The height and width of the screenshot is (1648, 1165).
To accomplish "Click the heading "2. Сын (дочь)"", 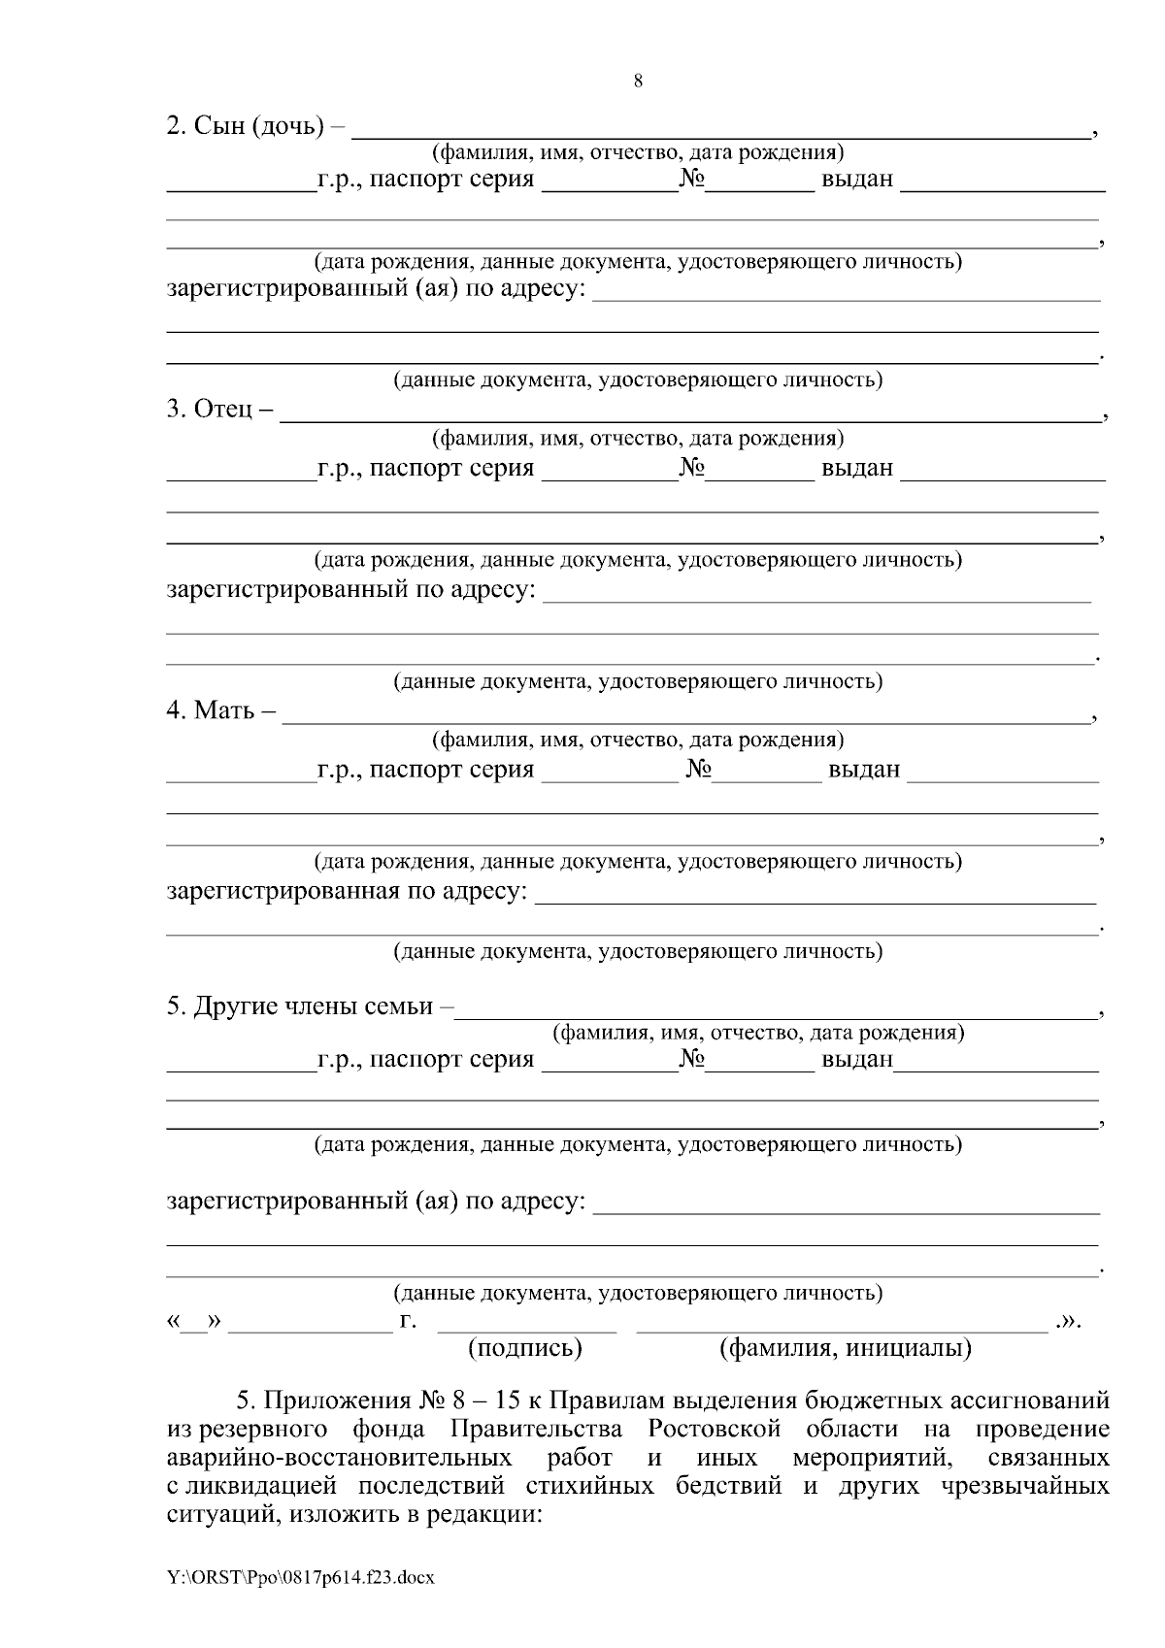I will coord(246,126).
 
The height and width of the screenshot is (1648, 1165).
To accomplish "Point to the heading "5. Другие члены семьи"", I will coord(300,1006).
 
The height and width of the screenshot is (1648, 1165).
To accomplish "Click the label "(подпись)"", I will coord(525,1348).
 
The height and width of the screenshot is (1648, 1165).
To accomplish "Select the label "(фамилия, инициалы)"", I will coord(845,1348).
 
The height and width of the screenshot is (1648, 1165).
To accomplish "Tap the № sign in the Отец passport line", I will coord(691,468).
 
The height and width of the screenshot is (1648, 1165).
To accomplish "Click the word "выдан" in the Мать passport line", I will coord(863,770).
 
